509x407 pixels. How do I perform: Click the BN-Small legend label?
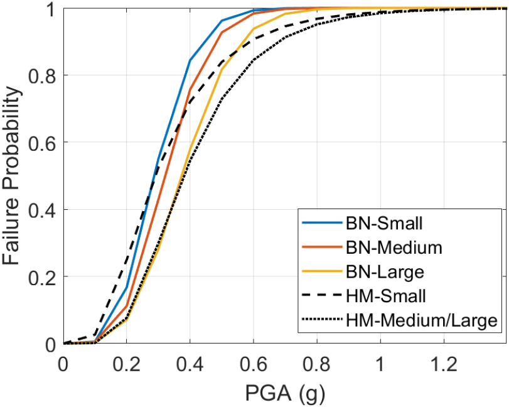[x=383, y=223]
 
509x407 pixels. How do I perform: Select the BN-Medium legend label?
[x=394, y=247]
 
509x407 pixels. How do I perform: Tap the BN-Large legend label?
[x=385, y=272]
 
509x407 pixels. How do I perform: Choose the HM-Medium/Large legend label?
[x=422, y=321]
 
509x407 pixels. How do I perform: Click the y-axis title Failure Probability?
[x=14, y=176]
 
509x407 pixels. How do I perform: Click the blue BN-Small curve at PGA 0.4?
[x=190, y=60]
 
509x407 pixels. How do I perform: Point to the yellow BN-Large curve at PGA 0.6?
[x=254, y=28]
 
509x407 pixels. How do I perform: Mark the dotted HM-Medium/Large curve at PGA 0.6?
[x=254, y=60]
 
